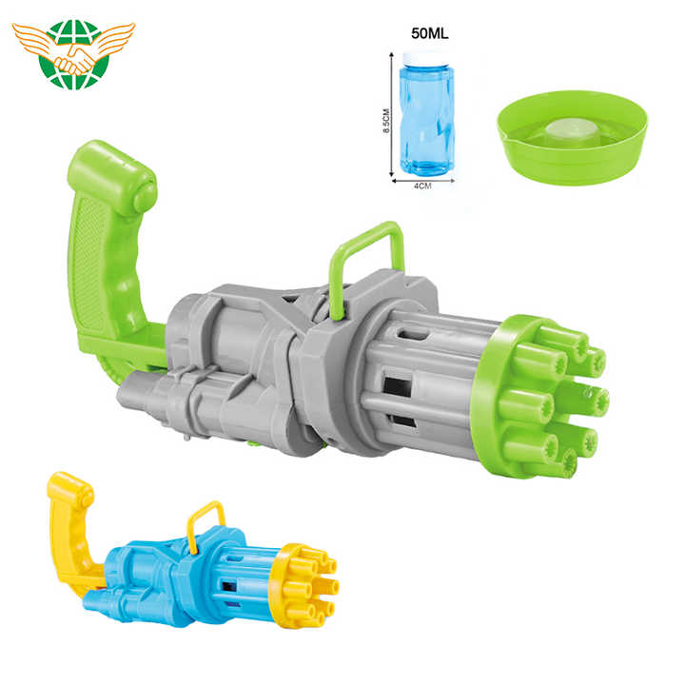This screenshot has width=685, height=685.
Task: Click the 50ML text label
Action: pyautogui.click(x=429, y=33)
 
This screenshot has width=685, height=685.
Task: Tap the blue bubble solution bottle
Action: pyautogui.click(x=427, y=114)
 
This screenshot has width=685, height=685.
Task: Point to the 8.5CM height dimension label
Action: pyautogui.click(x=386, y=121)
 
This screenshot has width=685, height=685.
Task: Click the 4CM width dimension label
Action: pyautogui.click(x=422, y=186)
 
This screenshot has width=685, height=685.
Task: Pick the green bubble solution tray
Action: pyautogui.click(x=573, y=137)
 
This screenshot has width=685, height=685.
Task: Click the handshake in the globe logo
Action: pyautogui.click(x=75, y=60)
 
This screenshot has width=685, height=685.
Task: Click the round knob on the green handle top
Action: pyautogui.click(x=146, y=196)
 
